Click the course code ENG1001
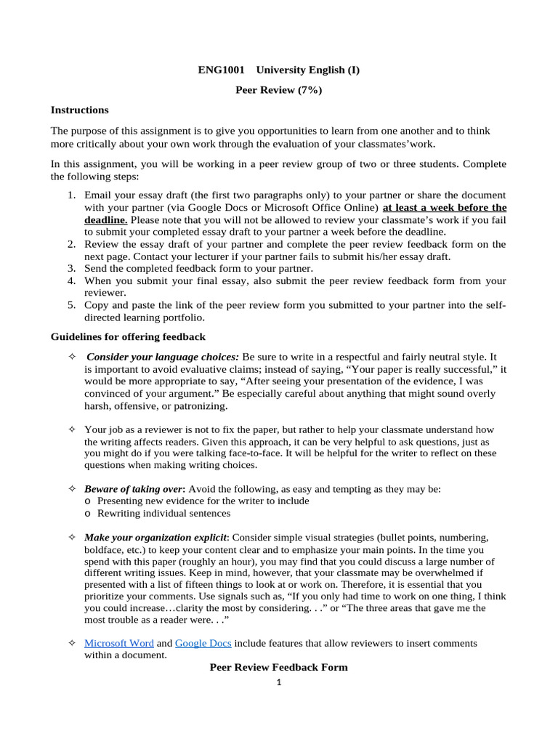pyautogui.click(x=221, y=70)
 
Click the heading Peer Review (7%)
pyautogui.click(x=278, y=90)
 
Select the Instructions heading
pyautogui.click(x=79, y=110)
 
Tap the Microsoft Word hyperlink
pyautogui.click(x=119, y=643)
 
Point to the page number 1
pyautogui.click(x=278, y=682)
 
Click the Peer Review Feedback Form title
pyautogui.click(x=278, y=667)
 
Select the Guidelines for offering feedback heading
pyautogui.click(x=128, y=336)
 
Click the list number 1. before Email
pyautogui.click(x=72, y=195)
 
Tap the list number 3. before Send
pyautogui.click(x=72, y=268)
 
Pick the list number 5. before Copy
pyautogui.click(x=72, y=306)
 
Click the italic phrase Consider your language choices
pyautogui.click(x=163, y=357)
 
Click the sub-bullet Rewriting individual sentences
pyautogui.click(x=163, y=513)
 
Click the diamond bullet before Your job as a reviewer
pyautogui.click(x=71, y=429)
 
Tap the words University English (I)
pyautogui.click(x=316, y=70)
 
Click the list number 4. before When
pyautogui.click(x=72, y=280)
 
